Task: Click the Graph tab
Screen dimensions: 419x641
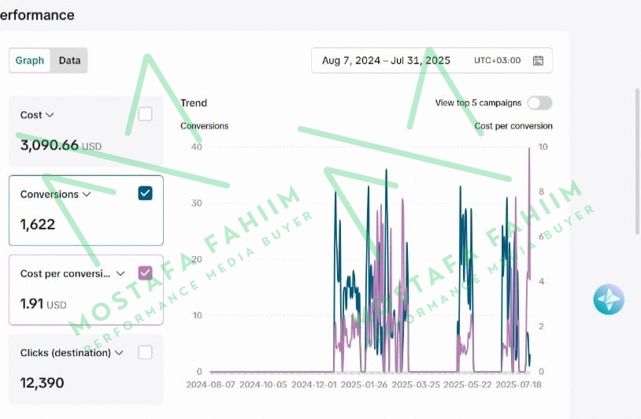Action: point(30,61)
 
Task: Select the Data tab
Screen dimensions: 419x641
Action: point(69,61)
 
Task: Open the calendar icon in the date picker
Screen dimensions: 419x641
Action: point(538,61)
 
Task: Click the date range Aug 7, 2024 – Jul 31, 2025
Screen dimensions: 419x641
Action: point(386,61)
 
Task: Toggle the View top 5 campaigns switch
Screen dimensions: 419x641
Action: point(539,103)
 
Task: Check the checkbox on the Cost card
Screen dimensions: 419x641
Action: point(145,114)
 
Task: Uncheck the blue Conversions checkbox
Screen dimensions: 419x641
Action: point(145,193)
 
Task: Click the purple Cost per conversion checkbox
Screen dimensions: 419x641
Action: point(145,273)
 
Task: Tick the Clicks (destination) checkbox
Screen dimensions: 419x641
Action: point(145,352)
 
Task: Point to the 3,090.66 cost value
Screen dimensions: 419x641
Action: point(50,145)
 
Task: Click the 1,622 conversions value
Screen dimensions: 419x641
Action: point(38,224)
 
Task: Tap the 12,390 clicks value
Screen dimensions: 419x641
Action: point(43,383)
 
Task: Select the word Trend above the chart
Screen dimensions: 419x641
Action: point(194,103)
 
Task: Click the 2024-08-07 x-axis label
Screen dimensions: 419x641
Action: point(209,385)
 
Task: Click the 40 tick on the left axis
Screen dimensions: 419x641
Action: point(197,147)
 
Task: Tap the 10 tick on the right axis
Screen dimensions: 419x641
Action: point(543,147)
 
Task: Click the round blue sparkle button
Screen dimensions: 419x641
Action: point(609,299)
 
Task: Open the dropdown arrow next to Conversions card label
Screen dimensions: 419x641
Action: point(87,194)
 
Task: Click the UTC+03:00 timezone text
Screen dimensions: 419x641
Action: point(497,61)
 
